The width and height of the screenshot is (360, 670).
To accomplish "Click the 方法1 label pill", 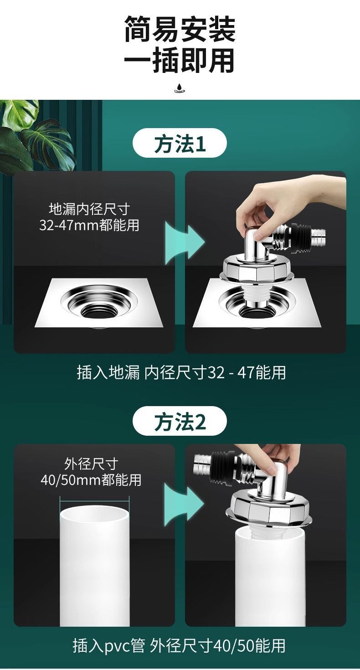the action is point(180,144).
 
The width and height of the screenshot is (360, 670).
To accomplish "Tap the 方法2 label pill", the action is point(180,422).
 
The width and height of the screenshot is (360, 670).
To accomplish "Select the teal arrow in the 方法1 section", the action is point(185,244).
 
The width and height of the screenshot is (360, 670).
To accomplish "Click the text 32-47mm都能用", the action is point(89,225).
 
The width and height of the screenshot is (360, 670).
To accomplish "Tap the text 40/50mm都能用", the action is point(91,479).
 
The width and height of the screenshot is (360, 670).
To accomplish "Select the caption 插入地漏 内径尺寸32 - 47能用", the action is point(181,373).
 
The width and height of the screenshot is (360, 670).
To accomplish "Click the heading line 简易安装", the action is point(180,29).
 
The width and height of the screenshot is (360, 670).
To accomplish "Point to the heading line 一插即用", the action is point(179,61).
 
